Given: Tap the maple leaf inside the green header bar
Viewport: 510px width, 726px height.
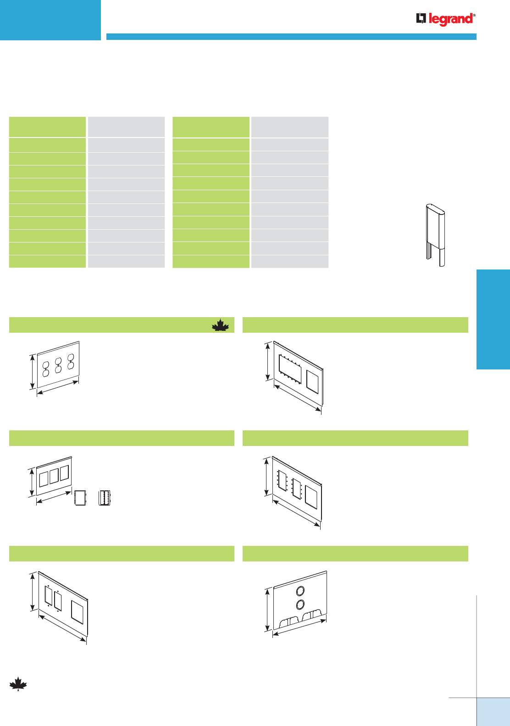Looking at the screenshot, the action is coord(220,325).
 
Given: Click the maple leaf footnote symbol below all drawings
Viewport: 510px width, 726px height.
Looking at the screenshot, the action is coord(18,684).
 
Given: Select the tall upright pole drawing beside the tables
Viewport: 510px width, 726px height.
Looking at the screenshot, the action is coord(435,235).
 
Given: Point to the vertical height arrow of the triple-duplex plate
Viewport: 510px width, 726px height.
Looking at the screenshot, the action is coord(32,372).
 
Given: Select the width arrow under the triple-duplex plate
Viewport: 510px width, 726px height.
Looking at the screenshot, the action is coord(58,387).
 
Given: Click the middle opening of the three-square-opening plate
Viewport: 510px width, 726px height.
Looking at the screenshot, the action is coord(54,476).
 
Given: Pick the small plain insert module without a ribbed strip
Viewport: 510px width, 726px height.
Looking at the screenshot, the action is coord(80,498).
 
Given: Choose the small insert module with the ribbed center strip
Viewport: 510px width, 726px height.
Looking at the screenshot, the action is coord(105,498).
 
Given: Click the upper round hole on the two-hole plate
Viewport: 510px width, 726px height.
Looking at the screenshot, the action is coord(300,590).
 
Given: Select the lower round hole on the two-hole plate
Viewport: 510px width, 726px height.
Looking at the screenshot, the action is coord(300,605).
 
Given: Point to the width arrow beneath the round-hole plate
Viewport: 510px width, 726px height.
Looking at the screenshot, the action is coord(299,628).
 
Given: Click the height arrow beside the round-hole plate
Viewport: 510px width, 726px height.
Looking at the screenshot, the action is coord(267,610).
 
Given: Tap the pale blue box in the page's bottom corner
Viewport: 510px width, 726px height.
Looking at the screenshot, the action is coord(493,712).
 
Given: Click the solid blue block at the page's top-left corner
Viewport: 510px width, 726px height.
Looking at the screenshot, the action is coord(50,20).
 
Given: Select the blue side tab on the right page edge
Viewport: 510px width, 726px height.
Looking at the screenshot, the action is coord(493,319).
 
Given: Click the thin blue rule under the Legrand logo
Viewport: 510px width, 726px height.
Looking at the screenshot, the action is coord(291,37).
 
